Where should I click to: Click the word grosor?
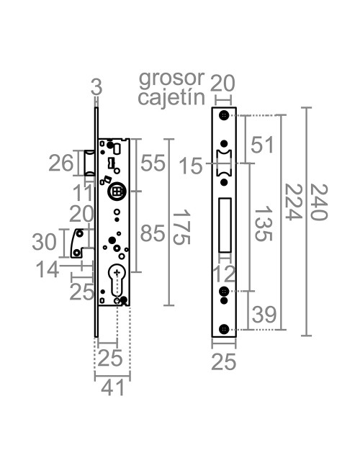(x=171, y=78)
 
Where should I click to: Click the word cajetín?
(x=171, y=97)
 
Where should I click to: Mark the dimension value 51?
(x=262, y=145)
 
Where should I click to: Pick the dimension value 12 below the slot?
(x=225, y=273)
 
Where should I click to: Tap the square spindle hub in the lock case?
(x=117, y=192)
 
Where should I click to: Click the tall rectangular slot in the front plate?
(x=225, y=225)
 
